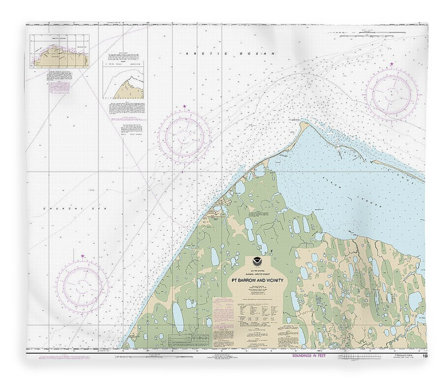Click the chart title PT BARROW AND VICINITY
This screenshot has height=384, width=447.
(257, 281)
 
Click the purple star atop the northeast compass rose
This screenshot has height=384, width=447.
(392, 65)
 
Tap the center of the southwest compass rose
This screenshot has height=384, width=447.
(82, 287)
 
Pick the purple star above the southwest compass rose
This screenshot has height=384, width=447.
(83, 256)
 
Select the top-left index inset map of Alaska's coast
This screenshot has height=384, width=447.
(59, 51)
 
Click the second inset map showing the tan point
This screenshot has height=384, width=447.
(124, 80)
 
